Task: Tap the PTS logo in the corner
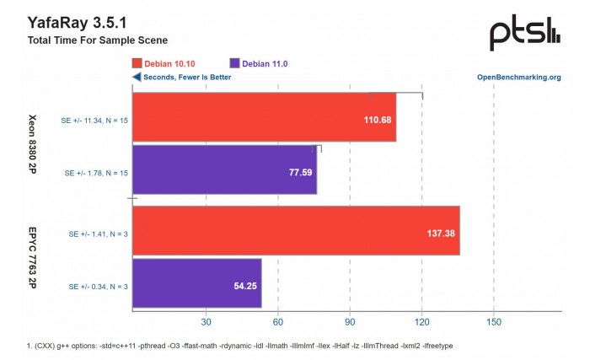524,33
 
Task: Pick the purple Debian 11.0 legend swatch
234,63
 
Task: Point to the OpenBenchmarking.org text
518,78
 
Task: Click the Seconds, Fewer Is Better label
181,78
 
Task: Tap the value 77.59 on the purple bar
299,173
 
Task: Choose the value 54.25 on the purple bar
244,287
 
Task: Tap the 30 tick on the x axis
205,322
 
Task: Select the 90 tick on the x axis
350,322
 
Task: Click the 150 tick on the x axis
494,322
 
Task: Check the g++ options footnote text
239,346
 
